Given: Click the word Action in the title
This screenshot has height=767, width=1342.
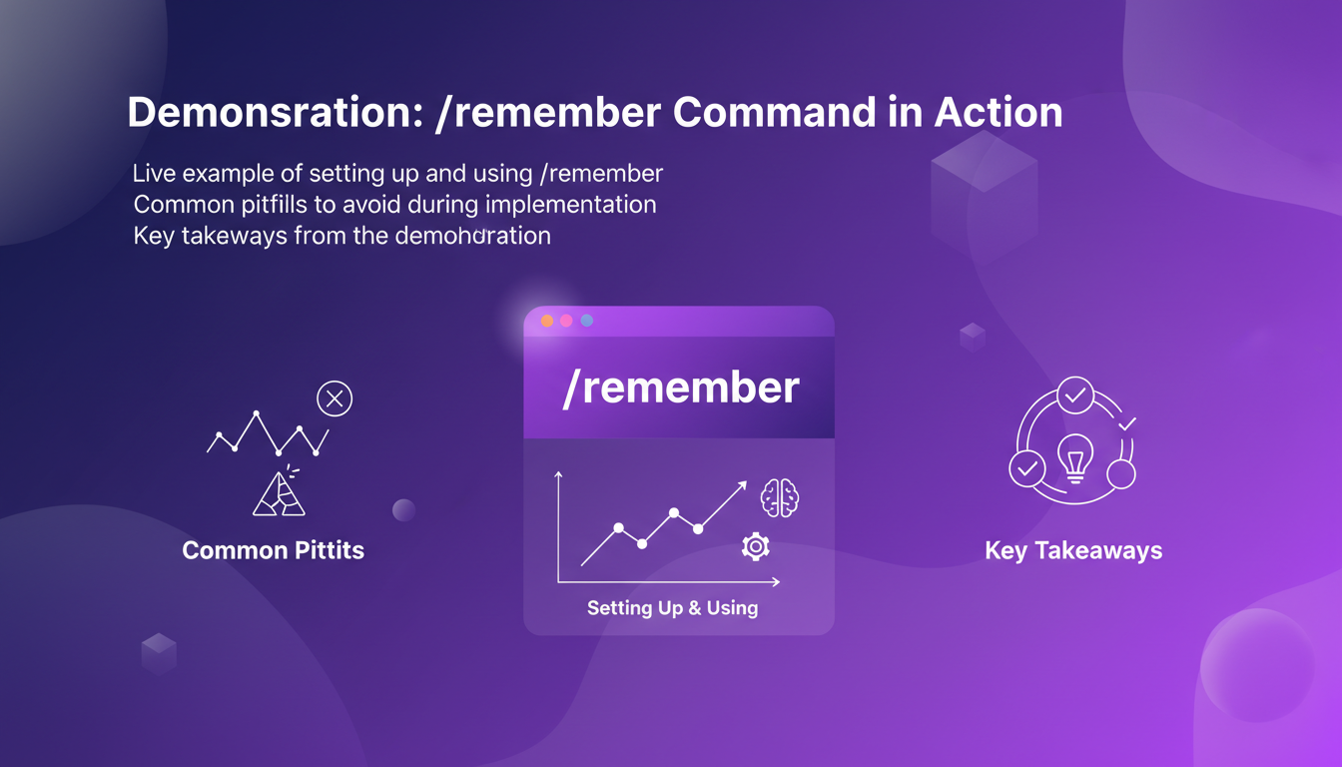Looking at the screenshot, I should [x=998, y=113].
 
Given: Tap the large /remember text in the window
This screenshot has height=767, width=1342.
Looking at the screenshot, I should [x=680, y=387].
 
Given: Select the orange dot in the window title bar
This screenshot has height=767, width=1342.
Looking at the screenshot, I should [x=546, y=321].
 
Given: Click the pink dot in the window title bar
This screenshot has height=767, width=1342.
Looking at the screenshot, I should [x=566, y=321].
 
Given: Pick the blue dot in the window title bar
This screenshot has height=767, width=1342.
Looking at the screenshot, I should [x=587, y=321].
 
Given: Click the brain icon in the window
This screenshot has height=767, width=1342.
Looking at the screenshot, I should [x=780, y=497].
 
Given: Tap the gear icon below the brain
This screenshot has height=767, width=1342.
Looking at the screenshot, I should [x=756, y=545].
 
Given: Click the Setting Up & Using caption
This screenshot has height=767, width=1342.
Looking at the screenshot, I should [x=672, y=607].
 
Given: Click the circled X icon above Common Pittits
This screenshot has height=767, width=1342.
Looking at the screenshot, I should [x=335, y=399].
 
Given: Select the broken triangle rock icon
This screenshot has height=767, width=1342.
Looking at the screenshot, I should [x=280, y=493].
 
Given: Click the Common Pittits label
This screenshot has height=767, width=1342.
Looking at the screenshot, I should [x=273, y=550].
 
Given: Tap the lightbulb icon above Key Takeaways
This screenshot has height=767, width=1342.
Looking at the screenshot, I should [x=1074, y=458].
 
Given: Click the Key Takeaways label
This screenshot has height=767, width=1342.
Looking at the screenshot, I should [x=1073, y=550].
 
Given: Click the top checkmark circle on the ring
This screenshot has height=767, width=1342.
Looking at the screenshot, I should [x=1075, y=395].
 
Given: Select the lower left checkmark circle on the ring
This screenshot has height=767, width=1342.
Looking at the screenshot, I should [x=1026, y=467].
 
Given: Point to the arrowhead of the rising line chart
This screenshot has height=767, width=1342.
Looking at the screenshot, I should [x=743, y=485].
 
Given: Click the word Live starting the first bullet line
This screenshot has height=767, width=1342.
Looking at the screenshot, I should [x=152, y=173].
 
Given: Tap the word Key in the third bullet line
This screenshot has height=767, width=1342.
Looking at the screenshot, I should [x=154, y=237].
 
